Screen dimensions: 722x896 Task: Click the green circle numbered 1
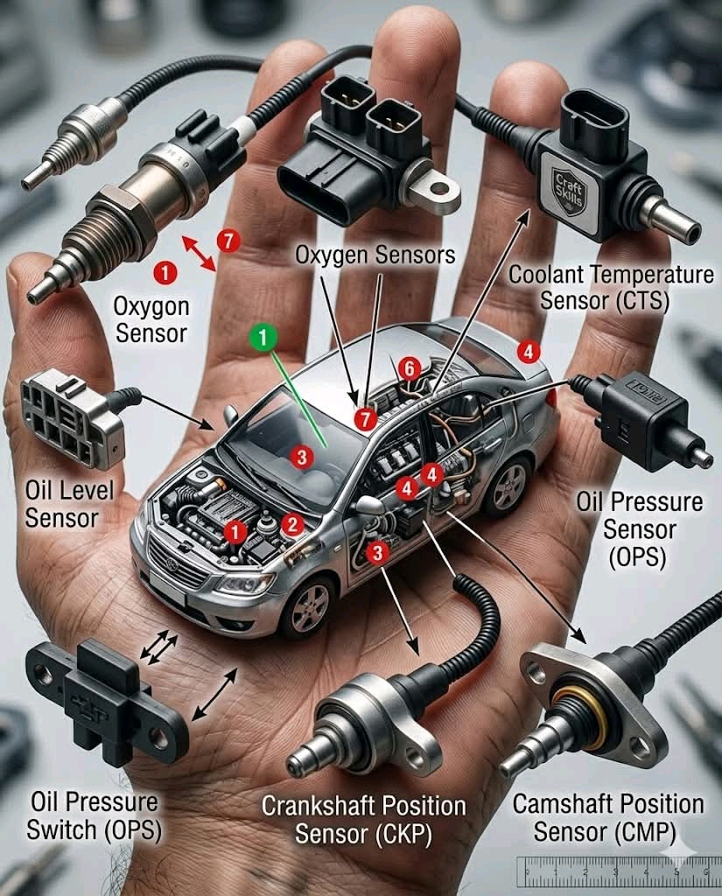point(263,337)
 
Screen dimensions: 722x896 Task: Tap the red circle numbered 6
point(410,369)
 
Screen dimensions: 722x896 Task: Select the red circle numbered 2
point(292,524)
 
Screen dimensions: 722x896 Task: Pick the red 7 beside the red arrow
point(228,241)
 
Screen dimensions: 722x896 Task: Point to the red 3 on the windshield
point(301,457)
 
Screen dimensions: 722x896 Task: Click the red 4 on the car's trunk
point(529,352)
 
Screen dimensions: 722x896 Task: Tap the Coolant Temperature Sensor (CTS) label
point(611,287)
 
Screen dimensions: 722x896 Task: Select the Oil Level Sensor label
point(69,505)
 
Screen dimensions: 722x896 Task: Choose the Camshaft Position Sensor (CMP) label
point(607,818)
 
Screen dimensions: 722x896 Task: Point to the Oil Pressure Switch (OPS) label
point(94,816)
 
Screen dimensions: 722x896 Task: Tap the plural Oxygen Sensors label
point(375,255)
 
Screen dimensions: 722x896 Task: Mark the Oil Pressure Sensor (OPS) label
point(639,529)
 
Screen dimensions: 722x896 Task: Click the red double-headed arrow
point(199,253)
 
